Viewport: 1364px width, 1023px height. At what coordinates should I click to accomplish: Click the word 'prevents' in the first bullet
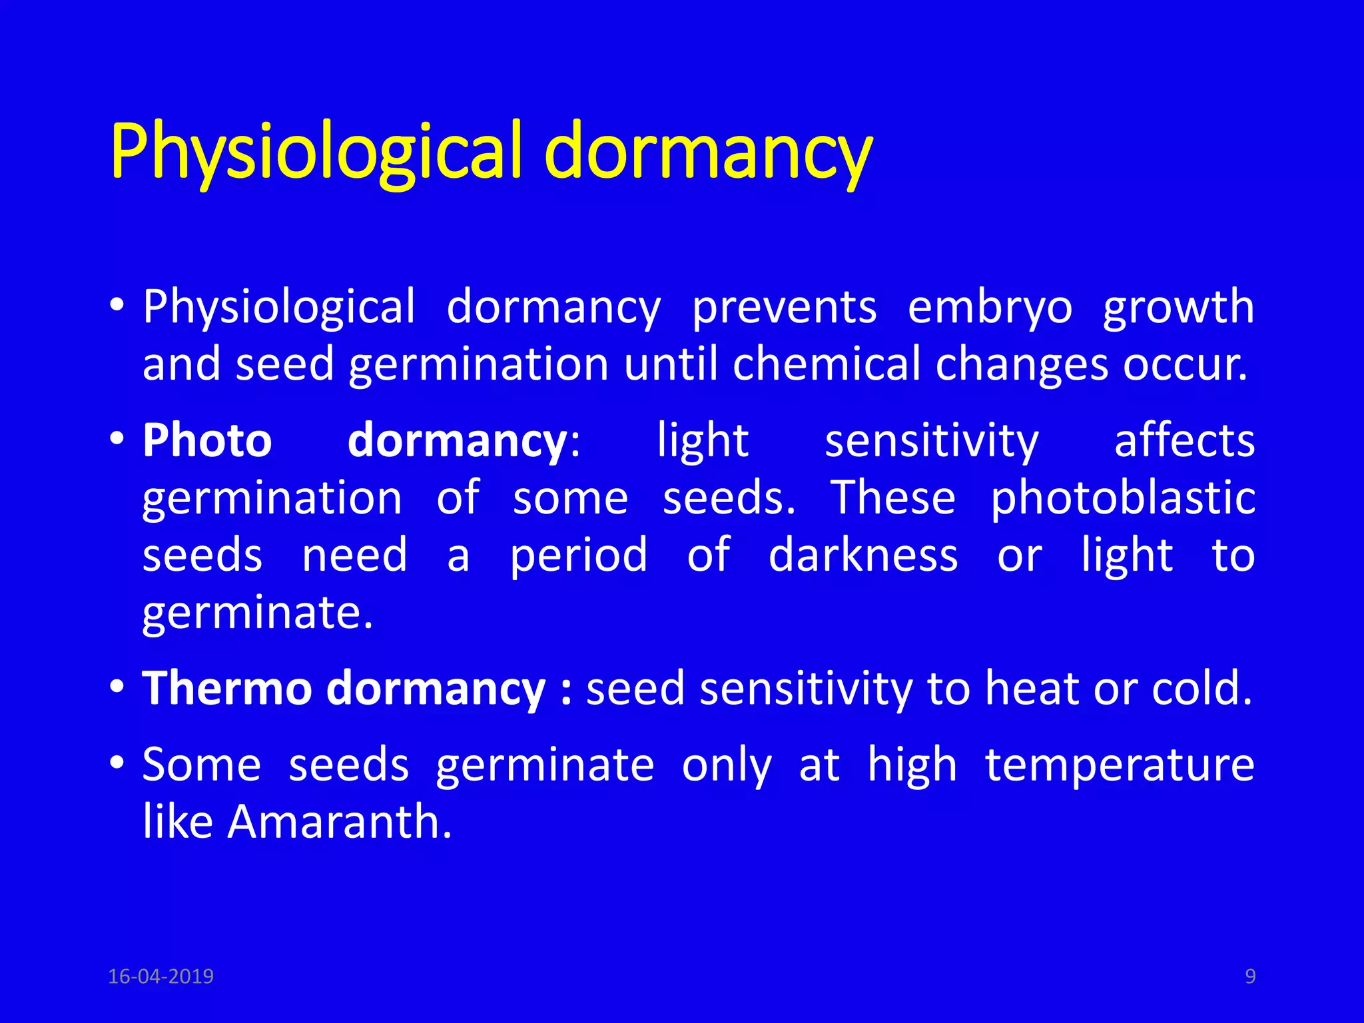pyautogui.click(x=784, y=308)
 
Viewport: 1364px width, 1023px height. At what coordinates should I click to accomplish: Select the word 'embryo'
pyautogui.click(x=990, y=308)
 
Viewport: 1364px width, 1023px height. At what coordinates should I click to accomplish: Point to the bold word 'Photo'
pyautogui.click(x=207, y=441)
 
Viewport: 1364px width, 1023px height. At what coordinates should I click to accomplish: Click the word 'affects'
pyautogui.click(x=1184, y=441)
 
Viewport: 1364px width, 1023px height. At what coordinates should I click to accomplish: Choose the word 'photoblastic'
pyautogui.click(x=1122, y=498)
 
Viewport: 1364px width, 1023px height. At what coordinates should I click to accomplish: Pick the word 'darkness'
pyautogui.click(x=863, y=555)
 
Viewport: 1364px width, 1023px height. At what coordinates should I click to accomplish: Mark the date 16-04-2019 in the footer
pyautogui.click(x=161, y=976)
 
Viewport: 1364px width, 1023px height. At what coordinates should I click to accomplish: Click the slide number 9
pyautogui.click(x=1250, y=976)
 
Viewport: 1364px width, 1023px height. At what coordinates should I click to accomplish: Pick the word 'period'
pyautogui.click(x=578, y=555)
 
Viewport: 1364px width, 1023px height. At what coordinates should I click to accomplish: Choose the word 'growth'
pyautogui.click(x=1178, y=308)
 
